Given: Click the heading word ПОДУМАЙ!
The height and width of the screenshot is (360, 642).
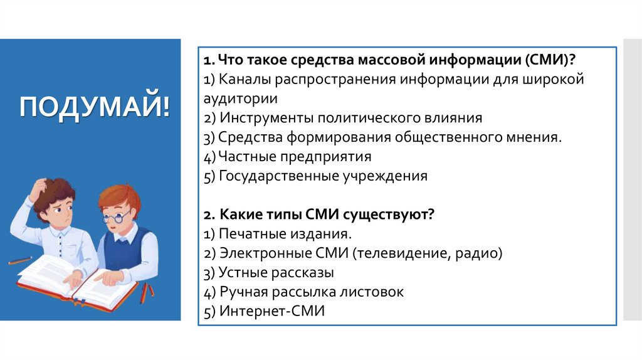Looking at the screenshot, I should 94,106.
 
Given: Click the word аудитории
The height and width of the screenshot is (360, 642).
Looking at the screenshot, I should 240,99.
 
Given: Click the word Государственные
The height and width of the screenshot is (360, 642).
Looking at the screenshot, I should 270,176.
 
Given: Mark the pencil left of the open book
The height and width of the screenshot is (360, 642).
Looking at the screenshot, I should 19,260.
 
